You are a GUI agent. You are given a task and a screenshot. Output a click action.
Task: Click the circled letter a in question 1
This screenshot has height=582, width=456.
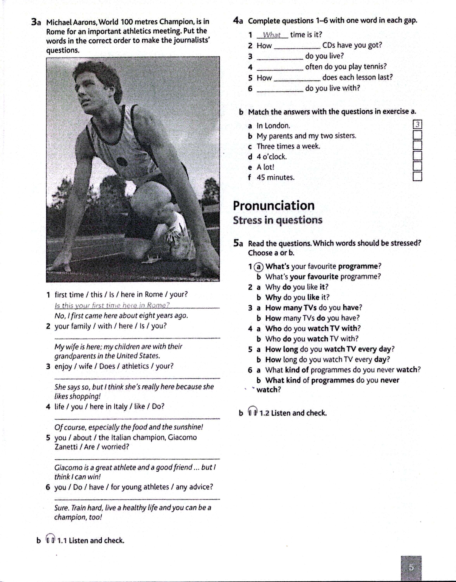point(258,267)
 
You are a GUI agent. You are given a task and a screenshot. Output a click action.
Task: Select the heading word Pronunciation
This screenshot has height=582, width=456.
point(274,206)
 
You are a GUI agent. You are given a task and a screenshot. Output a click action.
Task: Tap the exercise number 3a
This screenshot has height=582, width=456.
point(36,22)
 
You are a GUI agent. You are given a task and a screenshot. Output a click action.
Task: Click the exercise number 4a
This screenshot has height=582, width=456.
point(238,21)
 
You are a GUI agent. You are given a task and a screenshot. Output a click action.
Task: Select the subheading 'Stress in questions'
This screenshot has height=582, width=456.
point(278,220)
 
